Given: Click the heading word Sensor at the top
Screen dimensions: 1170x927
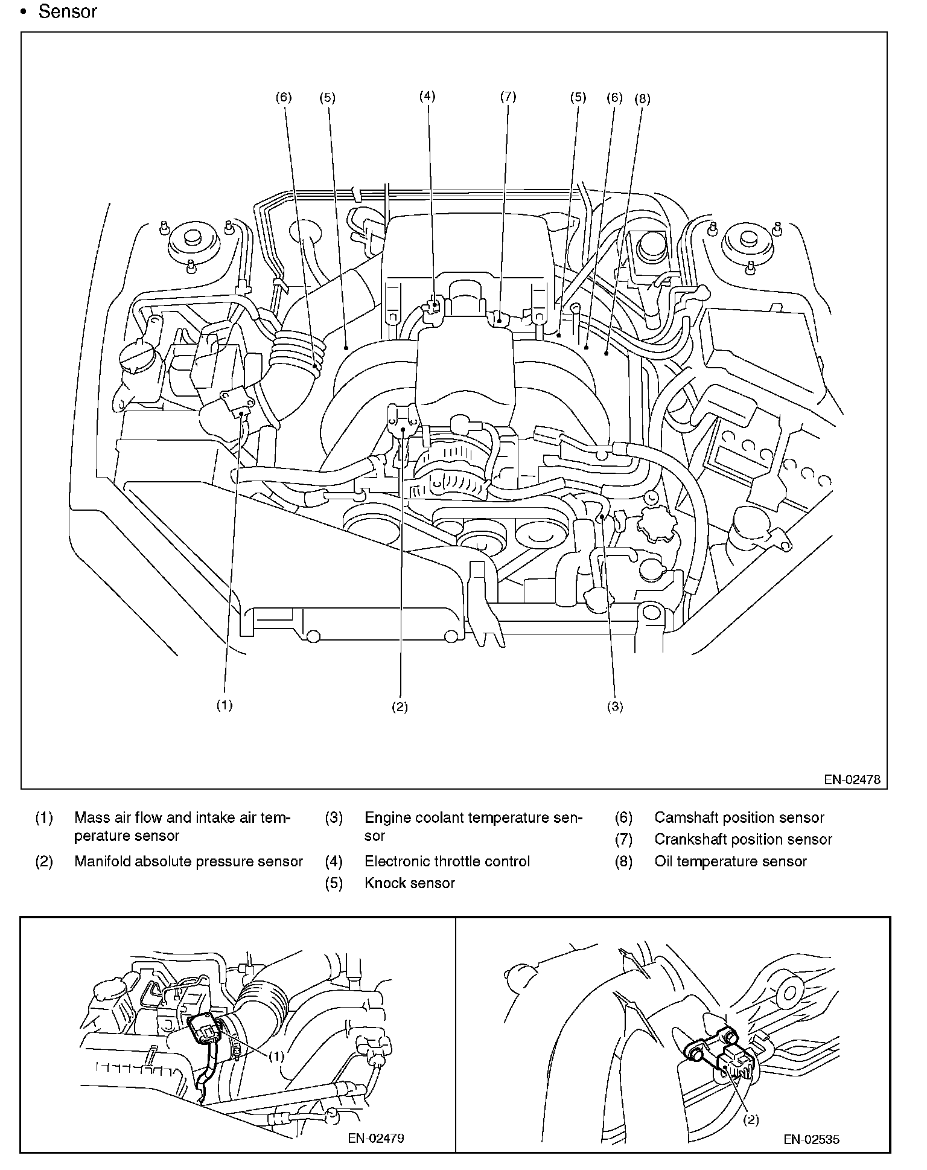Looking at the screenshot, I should pyautogui.click(x=68, y=11).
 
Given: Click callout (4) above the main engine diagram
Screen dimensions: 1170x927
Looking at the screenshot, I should pyautogui.click(x=427, y=96).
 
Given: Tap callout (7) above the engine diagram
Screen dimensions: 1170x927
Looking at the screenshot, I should pyautogui.click(x=508, y=96).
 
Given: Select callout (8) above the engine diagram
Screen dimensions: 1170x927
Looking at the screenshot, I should pyautogui.click(x=642, y=99).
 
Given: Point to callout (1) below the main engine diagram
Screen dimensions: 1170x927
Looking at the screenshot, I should pyautogui.click(x=225, y=705).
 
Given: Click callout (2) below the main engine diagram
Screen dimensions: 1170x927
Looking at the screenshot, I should pyautogui.click(x=400, y=707).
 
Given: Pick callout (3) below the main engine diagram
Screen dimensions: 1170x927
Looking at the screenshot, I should pyautogui.click(x=614, y=707).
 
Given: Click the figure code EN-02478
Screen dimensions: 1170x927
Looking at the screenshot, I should pyautogui.click(x=852, y=779).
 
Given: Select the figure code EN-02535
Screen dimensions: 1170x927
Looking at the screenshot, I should pyautogui.click(x=811, y=1139).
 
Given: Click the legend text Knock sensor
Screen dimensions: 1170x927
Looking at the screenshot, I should pyautogui.click(x=410, y=883).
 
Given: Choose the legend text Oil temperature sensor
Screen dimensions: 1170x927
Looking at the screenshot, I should pyautogui.click(x=730, y=862).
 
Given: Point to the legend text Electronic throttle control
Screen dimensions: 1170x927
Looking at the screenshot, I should pyautogui.click(x=447, y=862).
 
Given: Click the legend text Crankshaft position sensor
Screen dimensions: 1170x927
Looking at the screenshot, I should pyautogui.click(x=743, y=840).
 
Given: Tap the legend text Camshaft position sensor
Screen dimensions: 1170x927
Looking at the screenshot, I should pyautogui.click(x=739, y=818).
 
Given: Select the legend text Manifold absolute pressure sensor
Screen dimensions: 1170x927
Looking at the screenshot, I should pyautogui.click(x=188, y=862).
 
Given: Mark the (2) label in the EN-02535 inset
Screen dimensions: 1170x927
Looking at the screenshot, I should pyautogui.click(x=750, y=1119).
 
